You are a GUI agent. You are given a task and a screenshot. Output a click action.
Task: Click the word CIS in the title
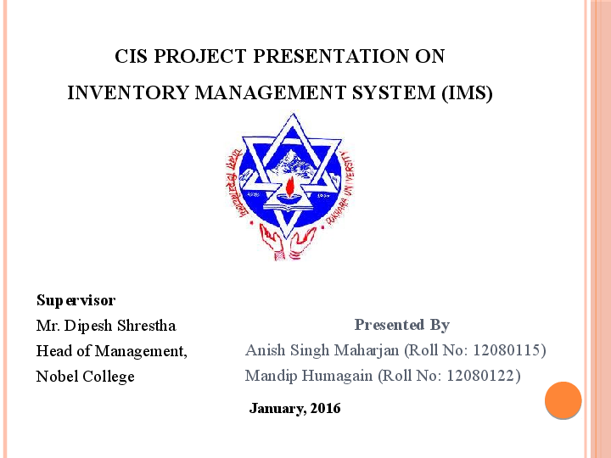132,57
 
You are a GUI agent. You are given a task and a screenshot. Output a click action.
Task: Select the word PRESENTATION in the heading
317,57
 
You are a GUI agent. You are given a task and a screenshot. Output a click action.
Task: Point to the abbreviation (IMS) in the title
467,93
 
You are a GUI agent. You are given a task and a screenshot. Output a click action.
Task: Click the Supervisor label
76,300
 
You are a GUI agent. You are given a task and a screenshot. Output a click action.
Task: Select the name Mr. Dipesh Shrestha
106,326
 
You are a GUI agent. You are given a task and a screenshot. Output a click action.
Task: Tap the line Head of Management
111,351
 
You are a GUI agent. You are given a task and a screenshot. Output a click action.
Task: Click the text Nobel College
85,377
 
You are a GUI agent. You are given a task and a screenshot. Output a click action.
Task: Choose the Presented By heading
401,325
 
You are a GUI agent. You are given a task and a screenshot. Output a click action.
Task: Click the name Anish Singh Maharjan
322,350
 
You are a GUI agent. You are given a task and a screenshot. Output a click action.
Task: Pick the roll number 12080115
507,350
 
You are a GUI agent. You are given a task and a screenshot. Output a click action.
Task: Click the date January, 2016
294,409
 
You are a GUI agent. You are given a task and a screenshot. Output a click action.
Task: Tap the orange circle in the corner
563,400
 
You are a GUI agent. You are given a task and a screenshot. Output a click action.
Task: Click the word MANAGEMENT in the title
272,93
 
